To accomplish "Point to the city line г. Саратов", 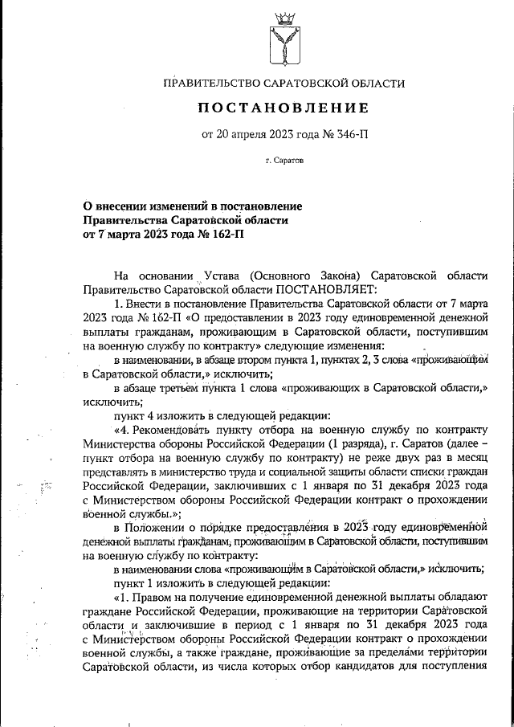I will (x=284, y=161).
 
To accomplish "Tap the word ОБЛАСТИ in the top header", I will (x=377, y=83).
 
